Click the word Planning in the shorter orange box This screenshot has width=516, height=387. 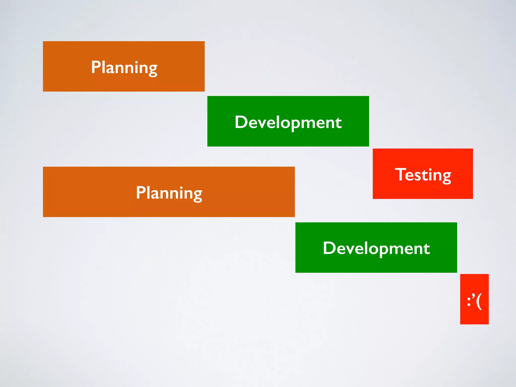124,67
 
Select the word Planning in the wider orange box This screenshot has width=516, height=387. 169,193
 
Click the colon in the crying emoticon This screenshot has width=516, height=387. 469,301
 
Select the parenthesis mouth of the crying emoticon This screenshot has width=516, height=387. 479,301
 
